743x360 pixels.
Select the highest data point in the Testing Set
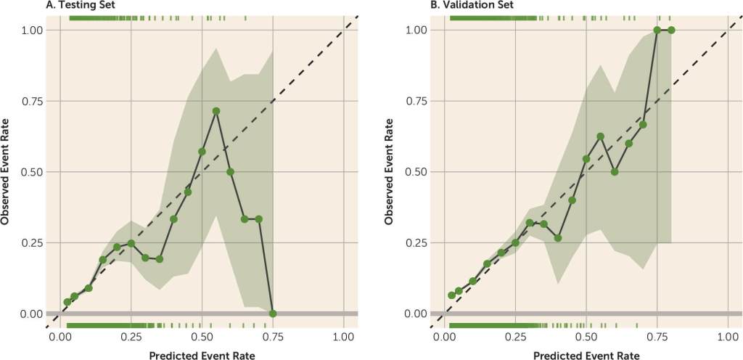pos(216,111)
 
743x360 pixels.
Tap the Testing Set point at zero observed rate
pos(273,314)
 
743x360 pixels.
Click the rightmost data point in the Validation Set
pos(671,30)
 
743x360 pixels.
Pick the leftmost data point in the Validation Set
pos(451,295)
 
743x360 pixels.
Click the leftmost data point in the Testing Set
pos(67,302)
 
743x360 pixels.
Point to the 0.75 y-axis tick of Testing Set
pos(31,101)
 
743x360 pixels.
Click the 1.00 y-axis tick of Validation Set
pos(416,30)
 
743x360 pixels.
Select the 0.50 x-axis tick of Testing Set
pos(202,337)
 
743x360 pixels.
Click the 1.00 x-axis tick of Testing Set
pos(344,337)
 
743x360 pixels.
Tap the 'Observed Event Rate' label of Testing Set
pos(7,172)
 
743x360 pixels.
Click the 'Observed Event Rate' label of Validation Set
pos(391,172)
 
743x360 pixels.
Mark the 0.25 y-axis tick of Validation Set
pos(416,243)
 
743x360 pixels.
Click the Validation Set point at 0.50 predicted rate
pos(586,159)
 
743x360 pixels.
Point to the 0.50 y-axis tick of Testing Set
pos(31,172)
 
